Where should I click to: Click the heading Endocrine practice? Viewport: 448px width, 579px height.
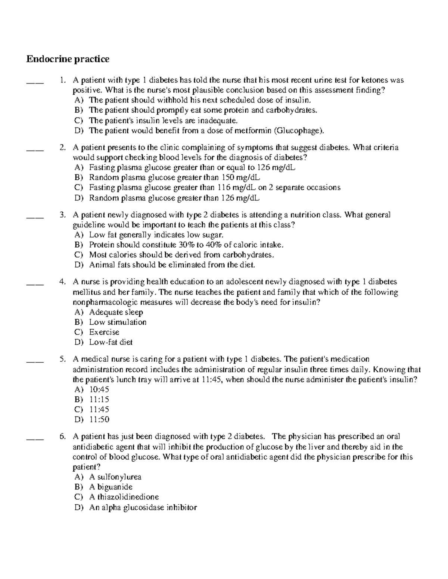(68, 59)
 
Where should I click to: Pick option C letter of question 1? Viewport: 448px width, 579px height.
(79, 120)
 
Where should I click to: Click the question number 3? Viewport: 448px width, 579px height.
(63, 215)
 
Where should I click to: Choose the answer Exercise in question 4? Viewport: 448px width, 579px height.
(104, 332)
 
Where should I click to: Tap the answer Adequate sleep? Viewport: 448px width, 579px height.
(116, 312)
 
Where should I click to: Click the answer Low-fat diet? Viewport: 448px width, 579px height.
(111, 342)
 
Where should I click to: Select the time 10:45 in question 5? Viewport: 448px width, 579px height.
(99, 390)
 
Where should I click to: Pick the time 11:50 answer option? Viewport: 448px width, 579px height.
(99, 419)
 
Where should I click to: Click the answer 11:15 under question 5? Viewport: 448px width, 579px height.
(99, 400)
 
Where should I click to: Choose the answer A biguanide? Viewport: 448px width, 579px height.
(111, 487)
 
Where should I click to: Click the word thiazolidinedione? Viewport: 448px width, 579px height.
(128, 497)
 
